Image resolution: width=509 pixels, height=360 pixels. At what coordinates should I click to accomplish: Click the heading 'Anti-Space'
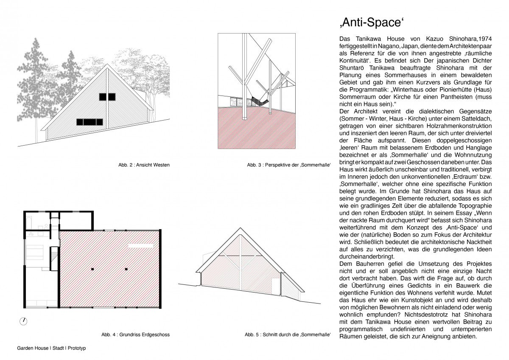pos(369,22)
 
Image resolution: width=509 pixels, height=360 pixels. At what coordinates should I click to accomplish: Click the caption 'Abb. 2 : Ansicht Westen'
pos(144,165)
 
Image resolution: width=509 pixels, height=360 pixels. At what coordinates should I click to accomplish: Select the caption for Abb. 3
pos(288,165)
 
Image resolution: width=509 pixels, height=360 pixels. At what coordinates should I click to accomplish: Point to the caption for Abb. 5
pos(288,335)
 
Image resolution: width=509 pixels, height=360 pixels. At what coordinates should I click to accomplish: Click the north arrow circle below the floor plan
pos(24,321)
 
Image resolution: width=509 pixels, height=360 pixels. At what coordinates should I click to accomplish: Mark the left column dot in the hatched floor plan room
pos(92,269)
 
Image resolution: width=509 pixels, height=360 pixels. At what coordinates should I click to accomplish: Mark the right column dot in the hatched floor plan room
pos(126,269)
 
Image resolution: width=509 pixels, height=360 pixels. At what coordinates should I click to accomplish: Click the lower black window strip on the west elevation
pos(89,122)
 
